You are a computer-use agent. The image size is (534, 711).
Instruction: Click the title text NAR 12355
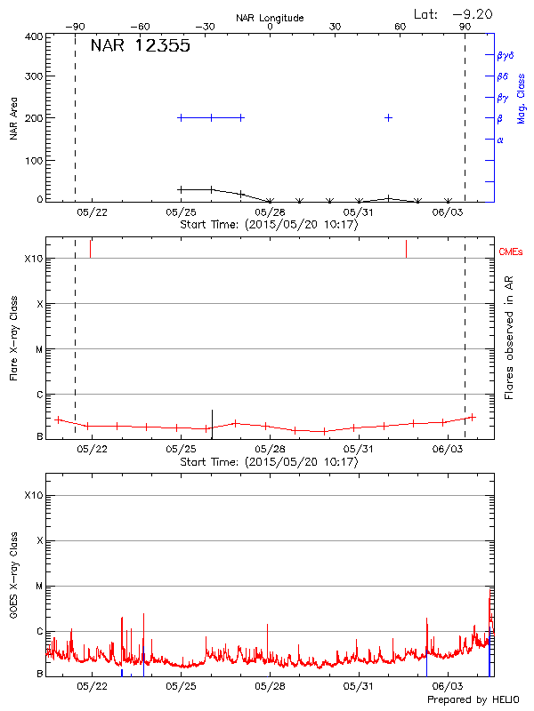(x=140, y=46)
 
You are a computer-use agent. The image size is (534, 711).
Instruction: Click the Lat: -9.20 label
(x=454, y=13)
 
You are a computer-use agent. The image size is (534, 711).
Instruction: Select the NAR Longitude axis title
(x=270, y=17)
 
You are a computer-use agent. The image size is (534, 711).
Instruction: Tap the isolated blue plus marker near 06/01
(x=388, y=117)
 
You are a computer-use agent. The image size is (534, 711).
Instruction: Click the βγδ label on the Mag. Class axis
(x=506, y=55)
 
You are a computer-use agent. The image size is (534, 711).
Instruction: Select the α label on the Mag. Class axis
(x=500, y=140)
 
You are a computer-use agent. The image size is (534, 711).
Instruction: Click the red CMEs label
(x=512, y=252)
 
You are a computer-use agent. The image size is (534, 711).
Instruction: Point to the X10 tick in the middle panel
(x=34, y=259)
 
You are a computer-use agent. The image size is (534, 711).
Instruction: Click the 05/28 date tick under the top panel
(x=270, y=212)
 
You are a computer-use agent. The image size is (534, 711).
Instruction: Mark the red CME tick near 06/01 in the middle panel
(x=406, y=248)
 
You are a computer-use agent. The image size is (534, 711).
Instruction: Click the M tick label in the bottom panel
(x=39, y=586)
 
